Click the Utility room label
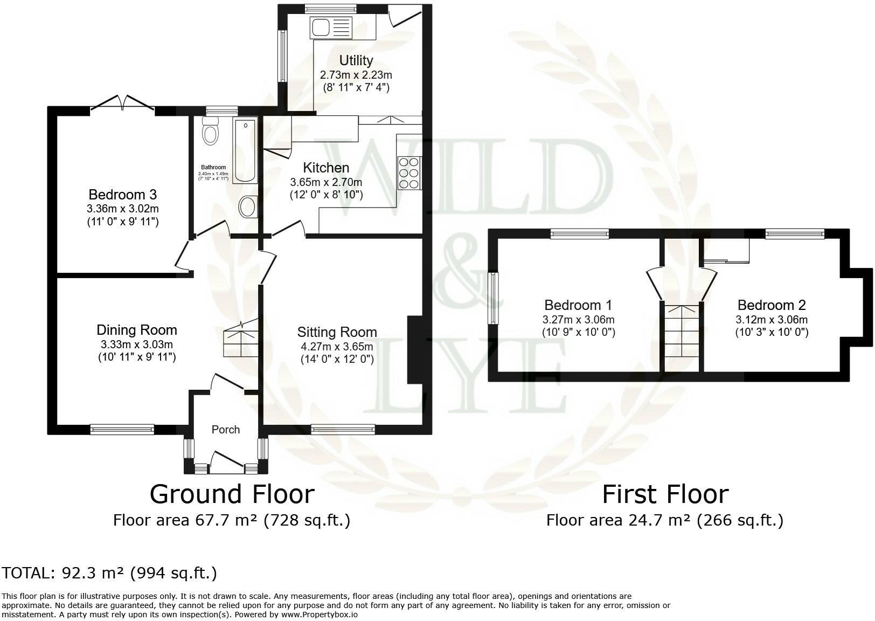(356, 60)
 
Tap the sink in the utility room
(330, 27)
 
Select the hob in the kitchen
(409, 172)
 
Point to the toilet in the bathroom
(211, 133)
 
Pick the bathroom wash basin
(248, 206)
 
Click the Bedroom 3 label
(122, 195)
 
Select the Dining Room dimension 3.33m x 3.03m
(137, 344)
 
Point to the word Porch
(225, 430)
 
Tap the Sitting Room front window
(343, 429)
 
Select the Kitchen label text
(326, 168)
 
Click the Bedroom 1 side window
(493, 298)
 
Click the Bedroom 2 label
(772, 305)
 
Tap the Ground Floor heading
(232, 494)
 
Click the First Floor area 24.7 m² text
(664, 520)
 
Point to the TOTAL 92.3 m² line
(109, 572)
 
